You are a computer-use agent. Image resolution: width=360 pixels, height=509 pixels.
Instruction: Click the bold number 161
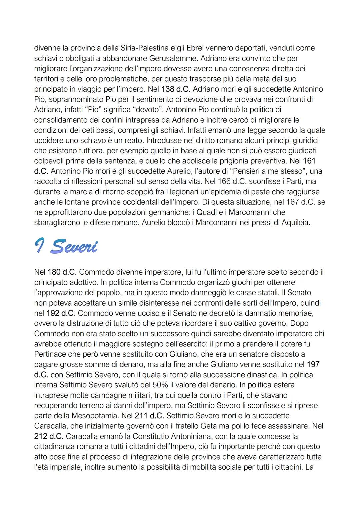(x=309, y=161)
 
